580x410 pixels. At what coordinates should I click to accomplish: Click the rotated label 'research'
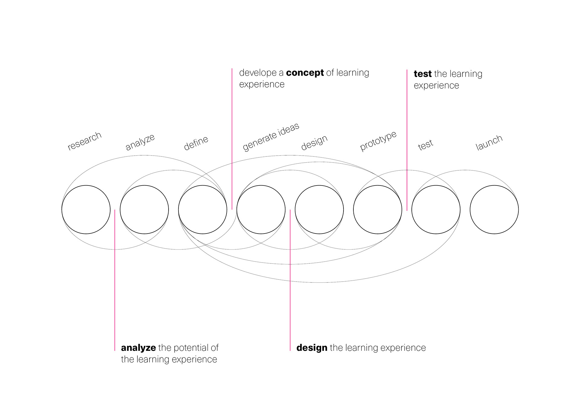pos(84,141)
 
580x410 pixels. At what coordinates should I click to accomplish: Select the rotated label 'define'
pos(196,143)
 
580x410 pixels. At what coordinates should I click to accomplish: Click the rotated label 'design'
pos(314,142)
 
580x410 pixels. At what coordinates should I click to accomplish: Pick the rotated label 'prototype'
pos(378,141)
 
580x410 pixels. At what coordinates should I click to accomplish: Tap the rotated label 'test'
pos(425,145)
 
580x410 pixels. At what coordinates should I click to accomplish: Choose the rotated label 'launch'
pos(489,143)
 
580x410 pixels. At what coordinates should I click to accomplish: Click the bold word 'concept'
pos(305,73)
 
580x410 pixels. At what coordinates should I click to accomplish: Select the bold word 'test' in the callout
pos(422,74)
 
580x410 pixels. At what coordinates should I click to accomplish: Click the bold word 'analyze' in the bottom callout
pos(138,348)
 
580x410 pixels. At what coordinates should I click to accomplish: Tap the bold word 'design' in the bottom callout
pos(312,348)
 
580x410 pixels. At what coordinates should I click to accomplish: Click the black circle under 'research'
pos(86,209)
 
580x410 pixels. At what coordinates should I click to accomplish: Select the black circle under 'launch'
pos(494,209)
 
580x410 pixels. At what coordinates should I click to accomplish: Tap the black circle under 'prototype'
pos(378,209)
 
